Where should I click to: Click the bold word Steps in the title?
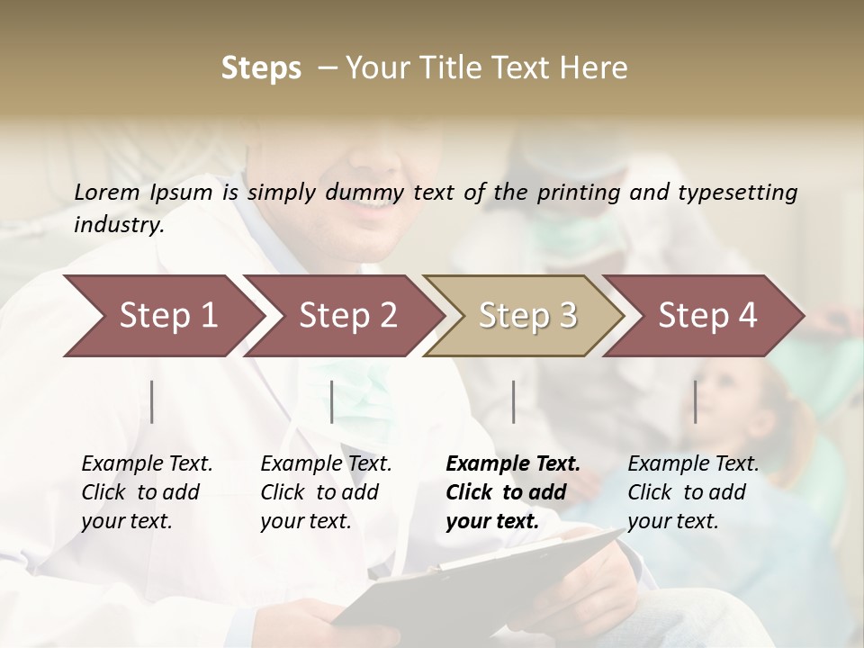click(261, 67)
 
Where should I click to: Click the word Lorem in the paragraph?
click(106, 192)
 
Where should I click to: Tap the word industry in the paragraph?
click(118, 225)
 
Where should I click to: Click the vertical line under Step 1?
click(152, 401)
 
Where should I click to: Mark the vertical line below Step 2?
click(332, 401)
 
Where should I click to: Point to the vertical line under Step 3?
click(514, 401)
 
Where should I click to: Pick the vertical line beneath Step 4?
click(696, 401)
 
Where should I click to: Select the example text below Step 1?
click(147, 492)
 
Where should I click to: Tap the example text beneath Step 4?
click(693, 492)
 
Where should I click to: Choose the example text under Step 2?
click(326, 492)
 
